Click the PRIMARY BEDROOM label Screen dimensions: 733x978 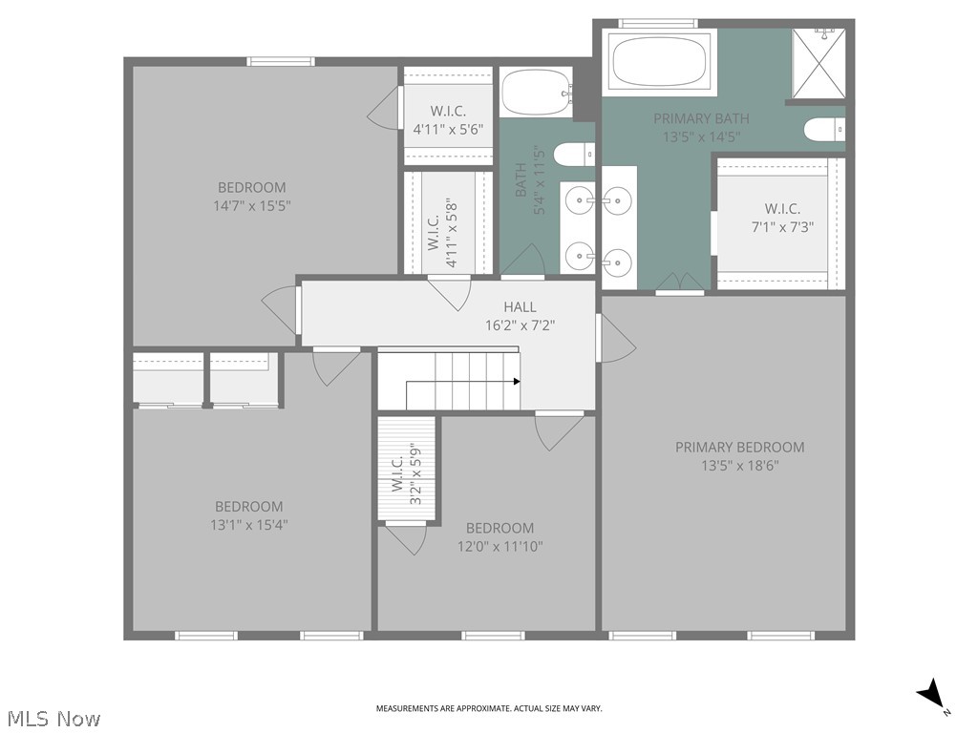(x=739, y=447)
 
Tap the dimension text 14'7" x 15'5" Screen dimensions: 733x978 (x=251, y=205)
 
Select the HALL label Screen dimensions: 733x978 (x=520, y=306)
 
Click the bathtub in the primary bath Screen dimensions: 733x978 (x=661, y=62)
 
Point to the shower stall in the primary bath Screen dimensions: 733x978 (x=819, y=63)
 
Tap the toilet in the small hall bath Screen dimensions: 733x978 (x=574, y=154)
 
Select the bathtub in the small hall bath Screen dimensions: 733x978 (x=536, y=93)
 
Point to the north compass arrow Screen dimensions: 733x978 (x=931, y=695)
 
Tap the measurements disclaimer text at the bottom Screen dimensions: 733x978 (x=489, y=708)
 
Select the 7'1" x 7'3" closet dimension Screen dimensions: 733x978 (x=782, y=227)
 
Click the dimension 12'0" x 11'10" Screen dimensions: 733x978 (x=500, y=546)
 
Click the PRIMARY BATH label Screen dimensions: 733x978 (x=701, y=118)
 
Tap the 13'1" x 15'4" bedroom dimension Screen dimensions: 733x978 (x=248, y=524)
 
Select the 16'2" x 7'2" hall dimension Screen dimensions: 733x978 (x=520, y=325)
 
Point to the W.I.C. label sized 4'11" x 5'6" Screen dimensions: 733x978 (x=447, y=110)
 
